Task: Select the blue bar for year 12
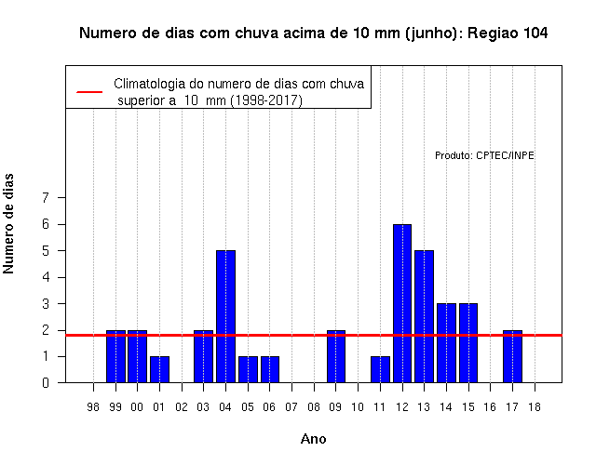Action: coord(402,303)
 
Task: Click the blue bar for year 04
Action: coord(225,316)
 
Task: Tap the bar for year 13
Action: coord(425,316)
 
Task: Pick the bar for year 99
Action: coord(115,356)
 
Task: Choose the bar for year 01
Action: coord(159,369)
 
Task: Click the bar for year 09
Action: coord(336,356)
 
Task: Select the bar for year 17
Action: coord(512,356)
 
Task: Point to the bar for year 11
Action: coord(380,369)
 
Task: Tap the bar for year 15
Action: coord(468,343)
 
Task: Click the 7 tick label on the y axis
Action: coord(46,197)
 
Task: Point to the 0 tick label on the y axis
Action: coord(46,382)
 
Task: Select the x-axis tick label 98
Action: coord(93,407)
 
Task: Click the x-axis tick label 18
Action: coord(535,407)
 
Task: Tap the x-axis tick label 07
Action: coord(291,407)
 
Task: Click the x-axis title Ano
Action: coord(313,439)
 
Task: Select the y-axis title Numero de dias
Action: coord(8,223)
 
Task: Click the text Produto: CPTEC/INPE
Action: coord(484,155)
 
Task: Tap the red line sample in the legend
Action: coord(89,92)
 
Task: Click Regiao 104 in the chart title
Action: coord(508,33)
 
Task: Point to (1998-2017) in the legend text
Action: coord(267,100)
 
